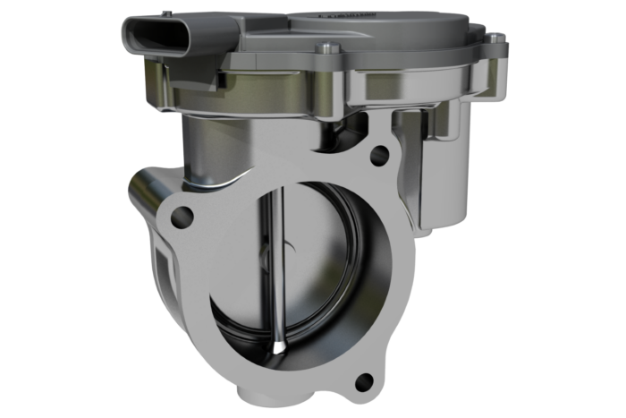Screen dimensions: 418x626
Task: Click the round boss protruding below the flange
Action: tap(260, 394)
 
